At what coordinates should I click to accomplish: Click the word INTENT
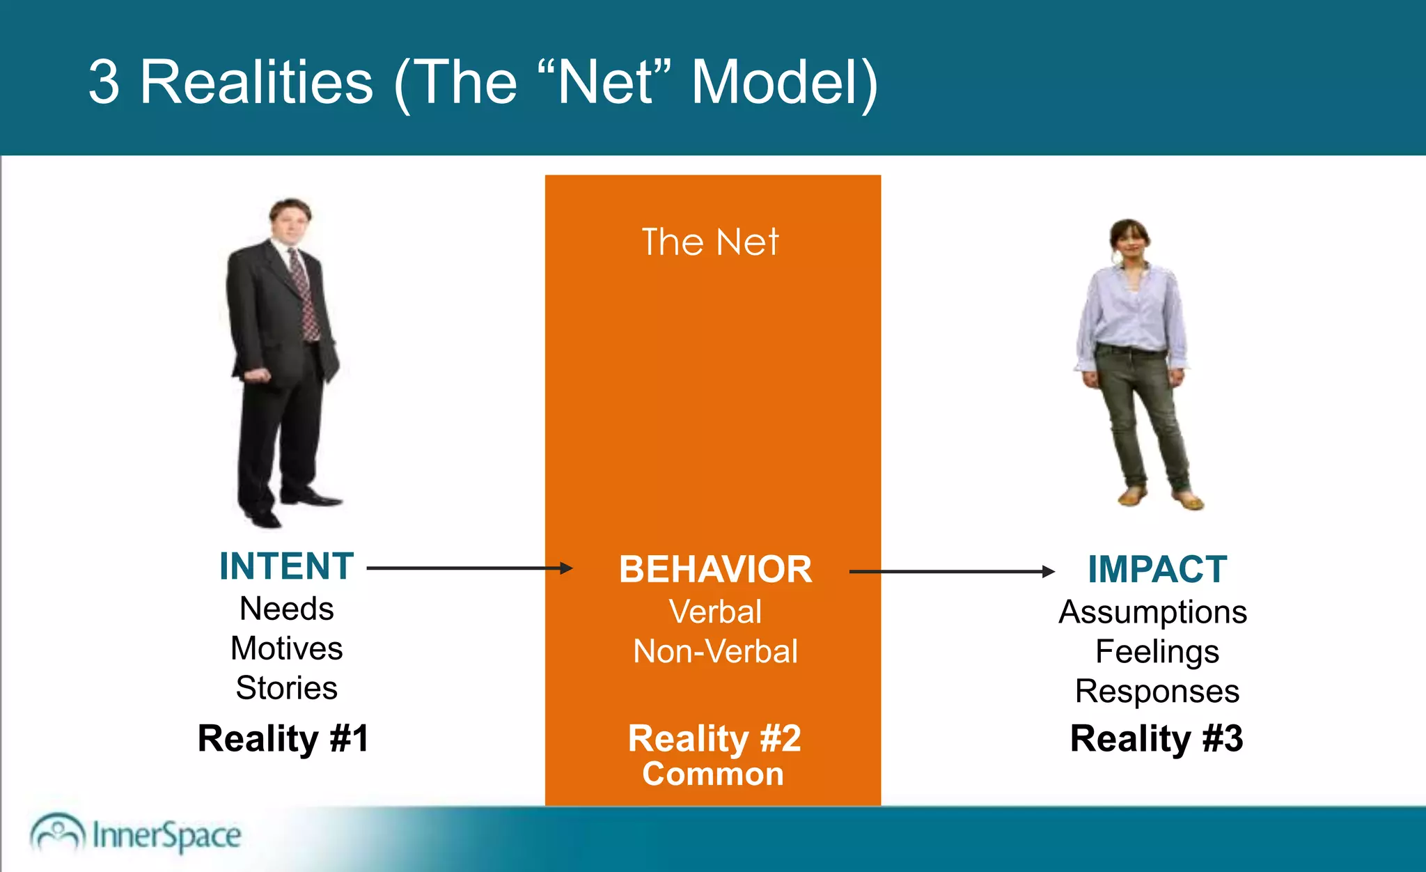pyautogui.click(x=286, y=566)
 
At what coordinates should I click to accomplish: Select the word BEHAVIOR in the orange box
pyautogui.click(x=715, y=570)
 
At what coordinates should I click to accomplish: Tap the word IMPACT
pyautogui.click(x=1157, y=570)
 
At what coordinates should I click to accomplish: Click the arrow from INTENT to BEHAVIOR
pyautogui.click(x=469, y=568)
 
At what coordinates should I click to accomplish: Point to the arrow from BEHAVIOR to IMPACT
pyautogui.click(x=951, y=572)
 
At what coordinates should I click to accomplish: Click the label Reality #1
pyautogui.click(x=283, y=738)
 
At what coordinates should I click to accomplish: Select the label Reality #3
pyautogui.click(x=1156, y=738)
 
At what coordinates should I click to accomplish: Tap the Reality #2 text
pyautogui.click(x=714, y=738)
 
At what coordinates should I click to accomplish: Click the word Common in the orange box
pyautogui.click(x=713, y=774)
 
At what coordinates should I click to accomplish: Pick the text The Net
pyautogui.click(x=710, y=242)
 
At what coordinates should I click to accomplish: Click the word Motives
pyautogui.click(x=286, y=648)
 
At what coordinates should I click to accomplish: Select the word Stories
pyautogui.click(x=286, y=688)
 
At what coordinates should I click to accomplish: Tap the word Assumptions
pyautogui.click(x=1152, y=612)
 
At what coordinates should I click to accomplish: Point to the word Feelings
pyautogui.click(x=1157, y=652)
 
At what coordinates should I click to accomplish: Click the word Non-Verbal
pyautogui.click(x=715, y=652)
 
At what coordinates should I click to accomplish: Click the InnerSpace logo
pyautogui.click(x=136, y=834)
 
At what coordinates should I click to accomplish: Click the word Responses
pyautogui.click(x=1157, y=692)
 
